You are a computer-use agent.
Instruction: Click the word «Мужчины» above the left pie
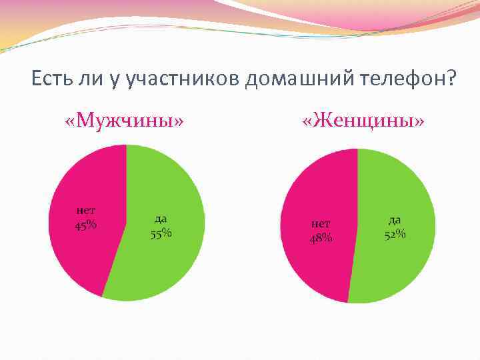click(124, 121)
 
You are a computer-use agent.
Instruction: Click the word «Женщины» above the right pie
click(363, 121)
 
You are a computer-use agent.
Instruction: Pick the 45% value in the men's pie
click(85, 225)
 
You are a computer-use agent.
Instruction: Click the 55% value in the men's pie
click(161, 233)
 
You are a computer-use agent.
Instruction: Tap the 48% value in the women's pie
click(320, 238)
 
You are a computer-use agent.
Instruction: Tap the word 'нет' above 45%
click(85, 211)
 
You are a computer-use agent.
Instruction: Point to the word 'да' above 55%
click(161, 219)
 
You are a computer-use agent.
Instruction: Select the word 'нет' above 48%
click(320, 225)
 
